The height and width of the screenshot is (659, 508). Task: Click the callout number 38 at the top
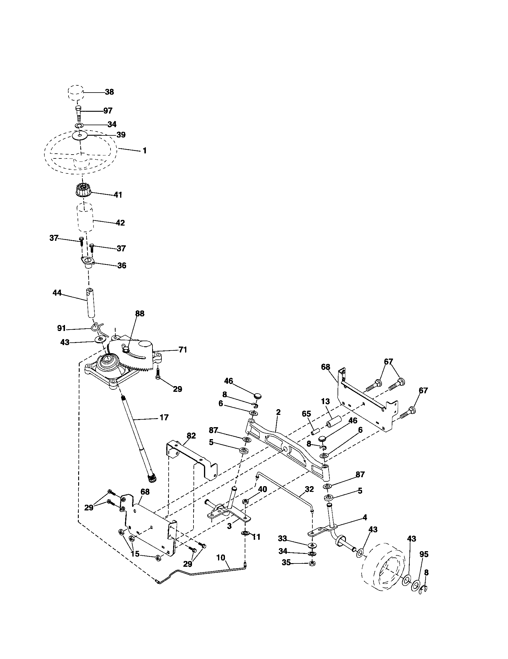point(109,92)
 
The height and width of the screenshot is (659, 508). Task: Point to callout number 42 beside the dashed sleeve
point(120,223)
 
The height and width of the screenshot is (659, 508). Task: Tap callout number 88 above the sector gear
point(139,314)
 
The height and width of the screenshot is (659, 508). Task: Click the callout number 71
point(182,350)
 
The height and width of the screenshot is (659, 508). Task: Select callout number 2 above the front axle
point(278,412)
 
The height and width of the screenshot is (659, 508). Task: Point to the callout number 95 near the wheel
point(424,554)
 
